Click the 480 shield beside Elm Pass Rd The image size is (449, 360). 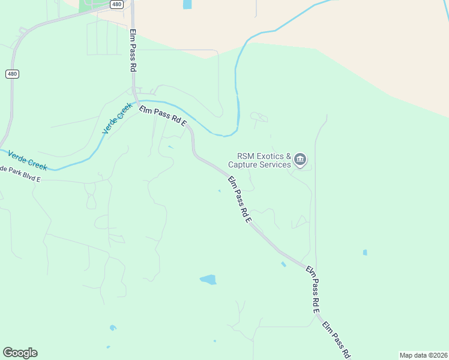[x=116, y=4]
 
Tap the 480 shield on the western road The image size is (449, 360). [x=12, y=74]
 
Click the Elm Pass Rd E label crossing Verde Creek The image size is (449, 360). [x=163, y=116]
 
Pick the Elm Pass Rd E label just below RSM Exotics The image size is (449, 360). [x=240, y=200]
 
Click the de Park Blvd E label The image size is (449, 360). [x=20, y=173]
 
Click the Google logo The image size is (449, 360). [x=20, y=353]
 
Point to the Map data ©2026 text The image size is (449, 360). [x=424, y=355]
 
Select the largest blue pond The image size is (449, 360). [x=208, y=280]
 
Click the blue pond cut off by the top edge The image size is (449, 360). [x=187, y=4]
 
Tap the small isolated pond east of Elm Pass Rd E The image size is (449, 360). [x=364, y=253]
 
